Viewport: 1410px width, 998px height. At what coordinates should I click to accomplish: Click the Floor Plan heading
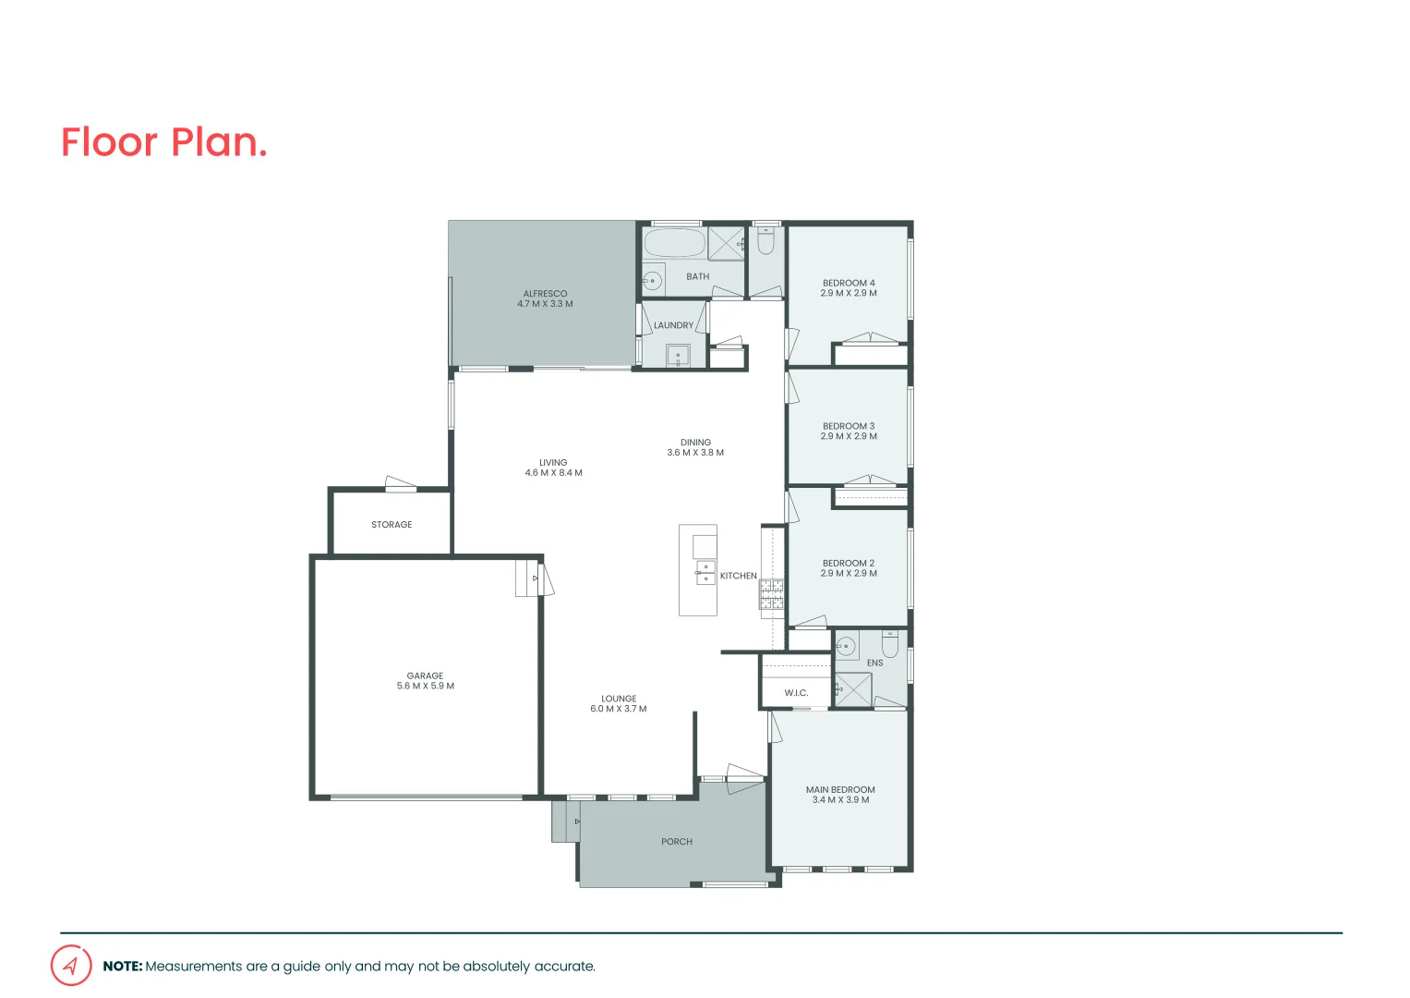[x=163, y=143]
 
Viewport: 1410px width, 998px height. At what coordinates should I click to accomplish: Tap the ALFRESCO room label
[x=545, y=294]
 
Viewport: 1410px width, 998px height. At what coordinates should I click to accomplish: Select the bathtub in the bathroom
[x=674, y=244]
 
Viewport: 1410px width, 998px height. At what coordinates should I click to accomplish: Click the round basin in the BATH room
[x=653, y=279]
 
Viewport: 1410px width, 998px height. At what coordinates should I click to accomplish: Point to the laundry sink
[x=678, y=355]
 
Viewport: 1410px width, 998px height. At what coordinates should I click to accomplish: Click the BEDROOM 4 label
[x=849, y=283]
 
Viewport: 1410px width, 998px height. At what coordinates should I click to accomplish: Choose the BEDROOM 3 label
[x=849, y=426]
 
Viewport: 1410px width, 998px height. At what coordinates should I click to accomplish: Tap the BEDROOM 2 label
[x=849, y=563]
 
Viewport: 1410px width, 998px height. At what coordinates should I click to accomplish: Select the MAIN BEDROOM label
[x=840, y=790]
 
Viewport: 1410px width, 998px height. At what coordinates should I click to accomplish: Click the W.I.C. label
[x=796, y=693]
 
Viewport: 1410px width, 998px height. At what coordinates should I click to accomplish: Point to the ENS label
[x=874, y=663]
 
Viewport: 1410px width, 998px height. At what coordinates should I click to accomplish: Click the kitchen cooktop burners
[x=772, y=594]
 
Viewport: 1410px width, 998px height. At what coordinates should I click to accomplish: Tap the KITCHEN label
[x=739, y=576]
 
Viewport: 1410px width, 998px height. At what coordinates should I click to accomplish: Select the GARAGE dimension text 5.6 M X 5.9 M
[x=426, y=687]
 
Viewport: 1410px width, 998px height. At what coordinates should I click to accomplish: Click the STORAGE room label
[x=392, y=525]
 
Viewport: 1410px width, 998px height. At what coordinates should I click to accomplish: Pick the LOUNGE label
[x=619, y=699]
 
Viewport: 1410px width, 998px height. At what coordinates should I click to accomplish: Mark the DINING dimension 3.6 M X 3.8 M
[x=695, y=453]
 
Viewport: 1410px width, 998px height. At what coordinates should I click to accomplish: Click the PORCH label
[x=677, y=842]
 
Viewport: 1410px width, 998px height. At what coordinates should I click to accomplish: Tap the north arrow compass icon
[x=71, y=966]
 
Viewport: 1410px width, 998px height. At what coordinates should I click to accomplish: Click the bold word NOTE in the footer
[x=122, y=967]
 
